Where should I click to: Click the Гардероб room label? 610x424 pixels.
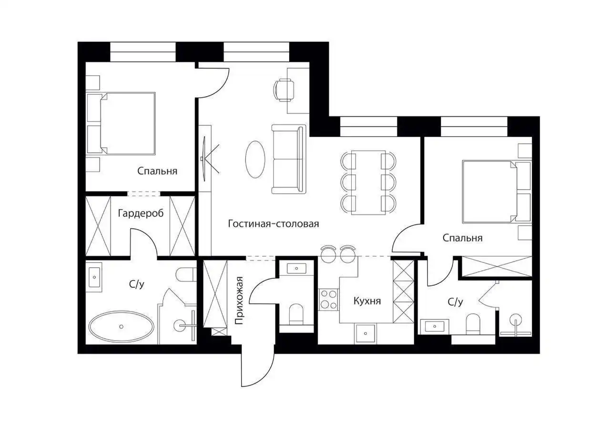[x=141, y=213]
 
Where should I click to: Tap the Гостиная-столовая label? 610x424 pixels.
[x=274, y=224]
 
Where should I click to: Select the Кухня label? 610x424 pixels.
[x=367, y=301]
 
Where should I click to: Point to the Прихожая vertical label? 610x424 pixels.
[x=239, y=301]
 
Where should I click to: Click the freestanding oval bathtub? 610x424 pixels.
[x=121, y=326]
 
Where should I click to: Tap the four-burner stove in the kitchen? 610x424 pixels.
[x=329, y=299]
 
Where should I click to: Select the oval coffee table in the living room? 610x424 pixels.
[x=255, y=160]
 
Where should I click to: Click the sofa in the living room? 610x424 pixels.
[x=289, y=159]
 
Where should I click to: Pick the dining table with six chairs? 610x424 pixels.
[x=368, y=182]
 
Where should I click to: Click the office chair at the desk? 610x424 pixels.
[x=284, y=91]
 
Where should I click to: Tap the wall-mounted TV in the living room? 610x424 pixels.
[x=204, y=159]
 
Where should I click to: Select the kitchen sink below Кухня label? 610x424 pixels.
[x=365, y=333]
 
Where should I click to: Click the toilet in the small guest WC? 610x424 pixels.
[x=296, y=314]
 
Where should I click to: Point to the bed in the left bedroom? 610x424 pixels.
[x=127, y=123]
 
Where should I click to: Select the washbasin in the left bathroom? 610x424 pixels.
[x=94, y=277]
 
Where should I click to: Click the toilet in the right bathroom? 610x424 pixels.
[x=473, y=324]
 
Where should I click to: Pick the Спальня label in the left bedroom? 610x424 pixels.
[x=157, y=171]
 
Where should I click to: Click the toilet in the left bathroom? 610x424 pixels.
[x=186, y=274]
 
